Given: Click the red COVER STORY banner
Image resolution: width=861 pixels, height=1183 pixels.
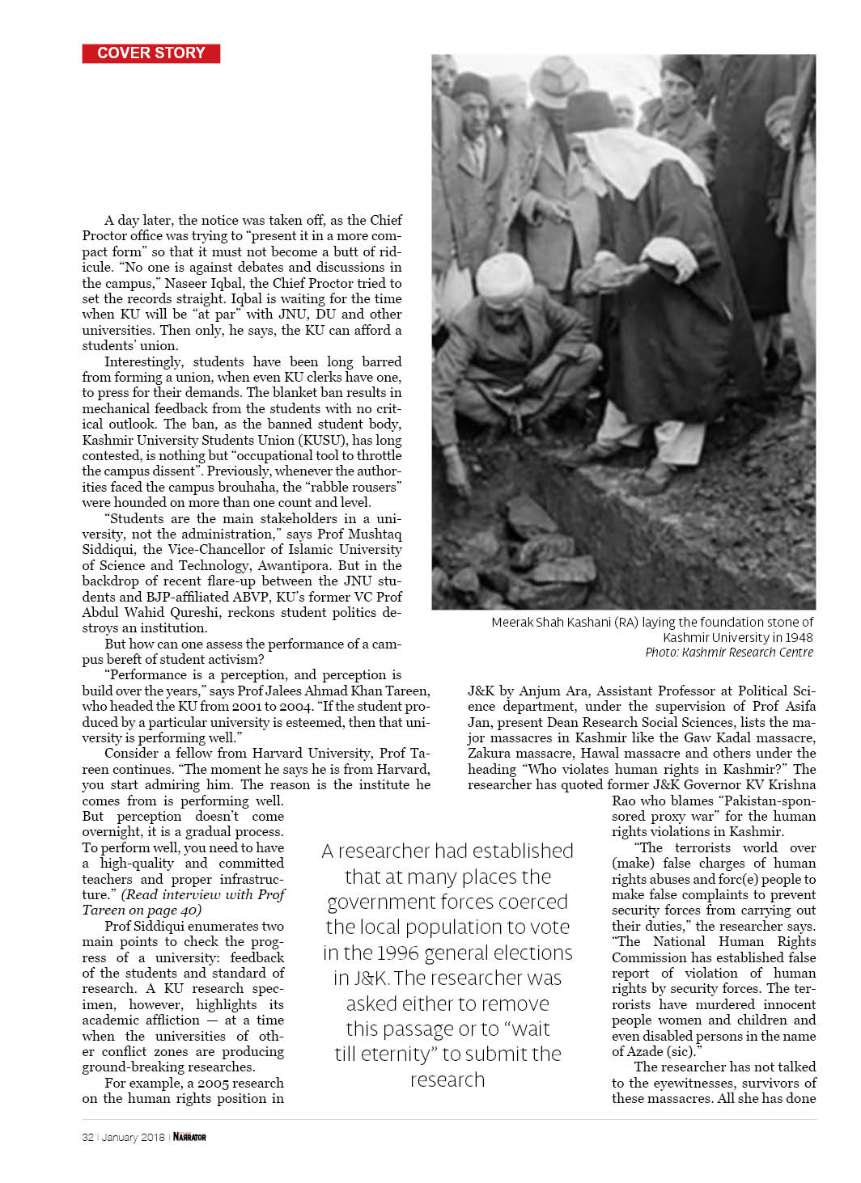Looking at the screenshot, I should click(x=151, y=53).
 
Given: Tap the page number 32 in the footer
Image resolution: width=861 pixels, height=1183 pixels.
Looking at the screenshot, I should click(x=87, y=1137).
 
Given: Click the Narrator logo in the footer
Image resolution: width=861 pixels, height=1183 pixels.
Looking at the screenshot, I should click(x=189, y=1137).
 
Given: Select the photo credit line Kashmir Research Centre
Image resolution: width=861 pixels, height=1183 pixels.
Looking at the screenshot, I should click(x=729, y=652).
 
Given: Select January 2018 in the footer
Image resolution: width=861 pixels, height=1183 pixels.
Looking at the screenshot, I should click(x=134, y=1137).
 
